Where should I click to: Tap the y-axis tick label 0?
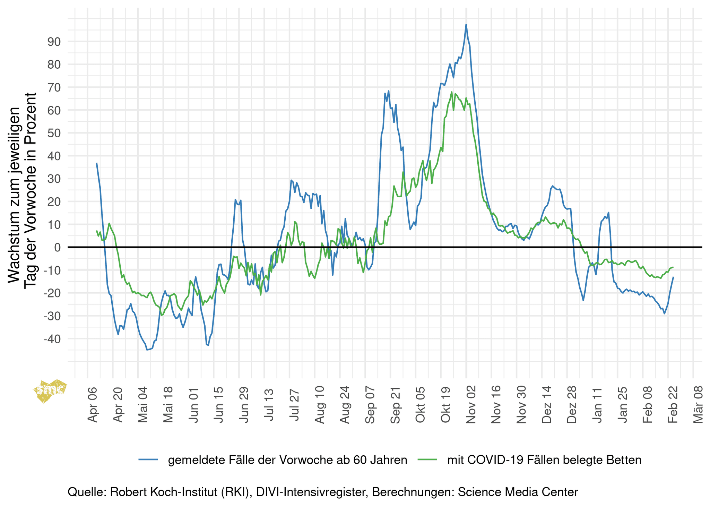tap(58, 247)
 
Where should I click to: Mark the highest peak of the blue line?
tap(466, 25)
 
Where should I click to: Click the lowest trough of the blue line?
tap(147, 350)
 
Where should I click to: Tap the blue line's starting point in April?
tap(96, 163)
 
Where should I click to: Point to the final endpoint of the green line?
tap(673, 267)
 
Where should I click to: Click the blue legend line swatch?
tap(148, 460)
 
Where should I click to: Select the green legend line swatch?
tap(428, 460)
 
